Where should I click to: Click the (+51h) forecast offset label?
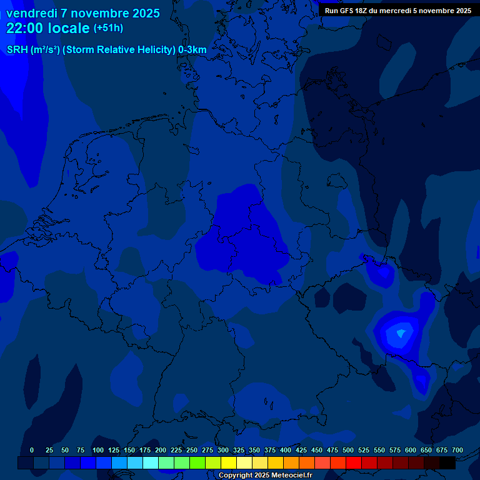pyautogui.click(x=108, y=28)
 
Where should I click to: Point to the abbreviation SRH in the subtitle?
pyautogui.click(x=17, y=49)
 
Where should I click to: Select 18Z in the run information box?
pyautogui.click(x=361, y=11)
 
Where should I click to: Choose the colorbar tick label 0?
pyautogui.click(x=32, y=450)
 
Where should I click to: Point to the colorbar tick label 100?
pyautogui.click(x=98, y=450)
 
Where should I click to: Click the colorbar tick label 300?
pyautogui.click(x=223, y=450)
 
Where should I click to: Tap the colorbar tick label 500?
pyautogui.click(x=348, y=450)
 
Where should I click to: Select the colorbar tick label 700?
pyautogui.click(x=457, y=450)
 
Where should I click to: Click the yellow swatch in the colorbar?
pyautogui.click(x=229, y=462)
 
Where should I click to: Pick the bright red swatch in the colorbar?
pyautogui.click(x=354, y=462)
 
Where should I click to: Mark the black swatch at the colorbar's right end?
pyautogui.click(x=447, y=462)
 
